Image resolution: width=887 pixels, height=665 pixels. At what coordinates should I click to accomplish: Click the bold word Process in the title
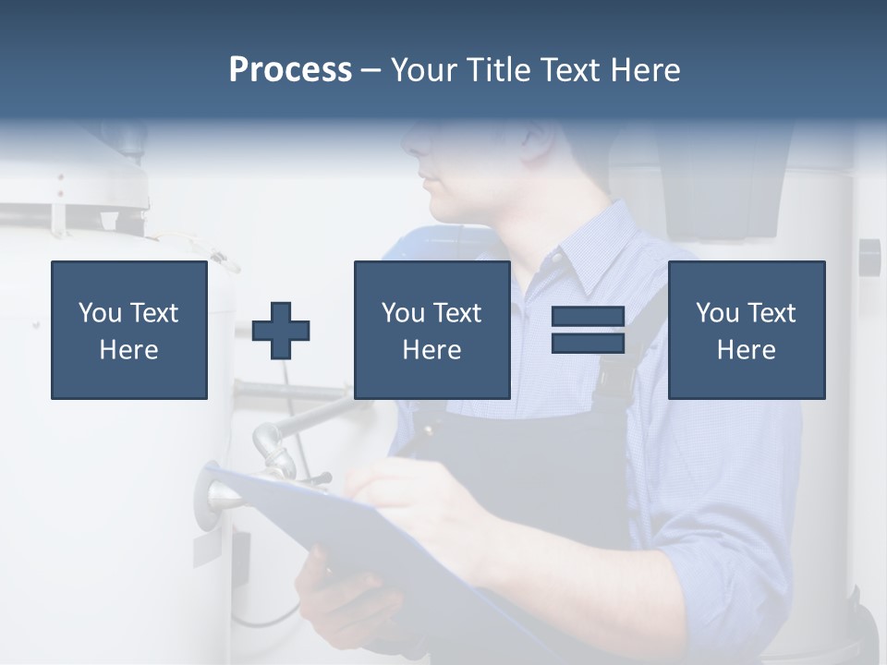(290, 70)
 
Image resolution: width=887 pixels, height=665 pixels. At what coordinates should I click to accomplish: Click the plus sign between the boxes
(281, 331)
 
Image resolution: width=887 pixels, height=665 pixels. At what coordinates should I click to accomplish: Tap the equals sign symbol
(588, 330)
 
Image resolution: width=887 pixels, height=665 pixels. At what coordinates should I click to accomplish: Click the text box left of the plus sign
(129, 330)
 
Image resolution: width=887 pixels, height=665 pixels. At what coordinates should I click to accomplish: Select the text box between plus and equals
(431, 330)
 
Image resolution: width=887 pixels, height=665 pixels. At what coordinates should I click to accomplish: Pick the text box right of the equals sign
(746, 330)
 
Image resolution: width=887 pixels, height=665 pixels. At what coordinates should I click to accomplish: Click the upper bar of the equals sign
(588, 317)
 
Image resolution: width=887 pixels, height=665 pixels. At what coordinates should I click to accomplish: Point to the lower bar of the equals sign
(588, 343)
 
